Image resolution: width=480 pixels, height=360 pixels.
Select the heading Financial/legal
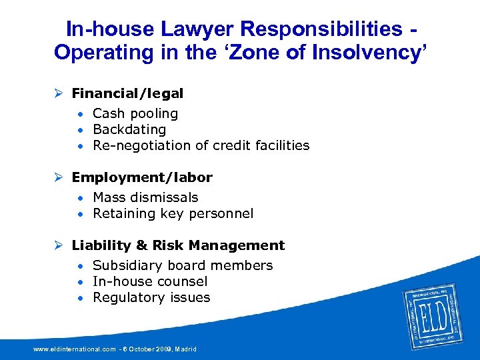[x=127, y=94]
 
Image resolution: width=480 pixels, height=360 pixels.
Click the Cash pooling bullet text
[x=135, y=113]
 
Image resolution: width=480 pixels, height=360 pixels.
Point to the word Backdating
[x=129, y=129]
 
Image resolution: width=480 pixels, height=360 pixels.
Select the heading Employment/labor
[x=142, y=178]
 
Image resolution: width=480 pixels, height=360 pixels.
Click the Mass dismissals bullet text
[x=145, y=197]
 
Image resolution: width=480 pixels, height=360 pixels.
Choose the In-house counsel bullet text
[x=150, y=281]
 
